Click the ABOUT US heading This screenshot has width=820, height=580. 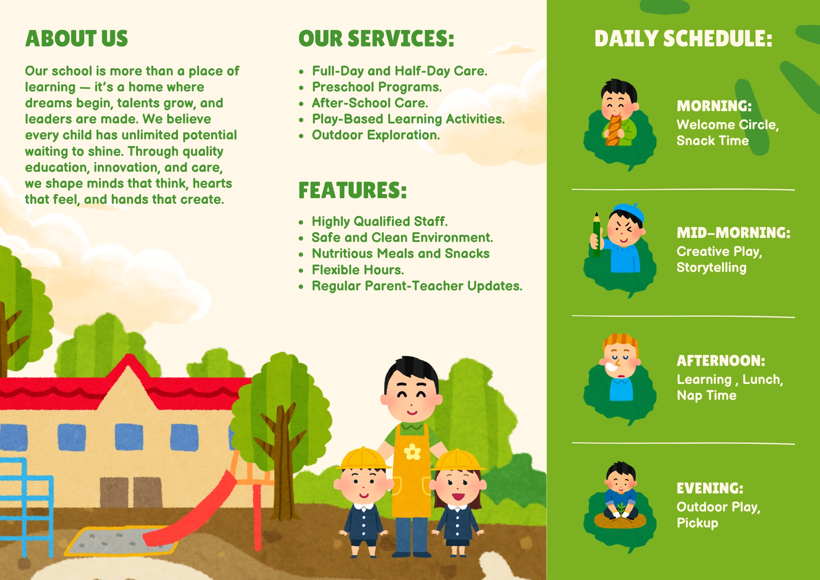77,39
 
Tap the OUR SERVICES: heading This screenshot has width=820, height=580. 376,39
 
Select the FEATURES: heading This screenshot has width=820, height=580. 353,190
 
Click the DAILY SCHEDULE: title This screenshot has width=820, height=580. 683,39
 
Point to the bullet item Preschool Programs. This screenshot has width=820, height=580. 377,87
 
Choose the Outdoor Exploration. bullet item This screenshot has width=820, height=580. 376,135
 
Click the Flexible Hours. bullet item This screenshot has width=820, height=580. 358,270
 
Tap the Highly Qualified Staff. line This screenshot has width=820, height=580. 380,221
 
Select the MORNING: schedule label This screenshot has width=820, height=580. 714,106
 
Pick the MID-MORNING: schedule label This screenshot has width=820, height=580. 733,233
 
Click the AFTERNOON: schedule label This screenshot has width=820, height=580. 721,361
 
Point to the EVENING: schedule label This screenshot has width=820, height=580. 710,488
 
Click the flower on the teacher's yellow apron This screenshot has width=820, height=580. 412,452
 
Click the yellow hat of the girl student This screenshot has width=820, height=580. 458,460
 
